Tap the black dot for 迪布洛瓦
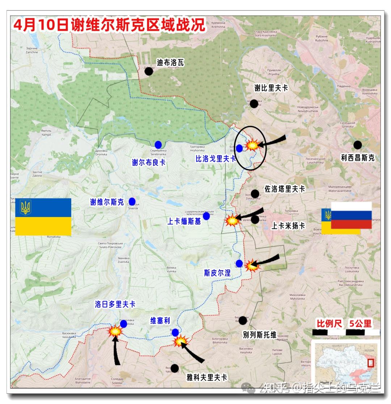pyautogui.click(x=148, y=71)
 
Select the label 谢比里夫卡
pyautogui.click(x=271, y=88)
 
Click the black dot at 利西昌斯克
pyautogui.click(x=358, y=145)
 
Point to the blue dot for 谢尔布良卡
pyautogui.click(x=158, y=145)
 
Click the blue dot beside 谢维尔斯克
pyautogui.click(x=132, y=201)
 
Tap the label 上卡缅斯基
pyautogui.click(x=184, y=222)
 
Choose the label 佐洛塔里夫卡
pyautogui.click(x=285, y=189)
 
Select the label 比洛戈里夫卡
pyautogui.click(x=215, y=158)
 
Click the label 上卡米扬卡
pyautogui.click(x=288, y=226)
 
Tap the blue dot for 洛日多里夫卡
pyautogui.click(x=123, y=324)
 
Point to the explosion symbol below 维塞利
pyautogui.click(x=180, y=341)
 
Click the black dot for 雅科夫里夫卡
pyautogui.click(x=175, y=368)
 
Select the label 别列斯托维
pyautogui.click(x=260, y=335)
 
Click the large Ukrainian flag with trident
pyautogui.click(x=43, y=217)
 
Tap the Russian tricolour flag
pyautogui.click(x=351, y=215)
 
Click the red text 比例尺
pyautogui.click(x=329, y=323)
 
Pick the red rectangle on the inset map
pyautogui.click(x=370, y=362)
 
